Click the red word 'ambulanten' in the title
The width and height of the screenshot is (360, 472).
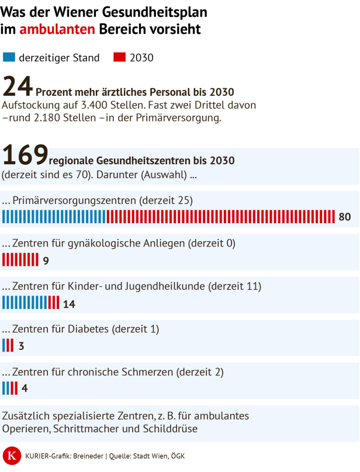pyautogui.click(x=57, y=29)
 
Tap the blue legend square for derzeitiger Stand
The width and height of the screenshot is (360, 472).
pyautogui.click(x=9, y=57)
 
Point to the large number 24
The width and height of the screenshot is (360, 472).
pyautogui.click(x=18, y=87)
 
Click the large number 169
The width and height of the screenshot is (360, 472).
pyautogui.click(x=25, y=155)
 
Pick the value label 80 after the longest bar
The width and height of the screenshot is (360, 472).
pyautogui.click(x=344, y=217)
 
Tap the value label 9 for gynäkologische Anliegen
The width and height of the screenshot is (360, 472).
pyautogui.click(x=46, y=261)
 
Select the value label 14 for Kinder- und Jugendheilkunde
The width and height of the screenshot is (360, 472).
pyautogui.click(x=69, y=304)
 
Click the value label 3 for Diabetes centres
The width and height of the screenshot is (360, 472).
pyautogui.click(x=22, y=346)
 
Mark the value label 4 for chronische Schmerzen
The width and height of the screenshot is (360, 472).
pyautogui.click(x=25, y=388)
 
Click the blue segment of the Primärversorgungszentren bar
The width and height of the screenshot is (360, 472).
pyautogui.click(x=54, y=217)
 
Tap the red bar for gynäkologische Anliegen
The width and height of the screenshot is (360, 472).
pyautogui.click(x=20, y=260)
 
